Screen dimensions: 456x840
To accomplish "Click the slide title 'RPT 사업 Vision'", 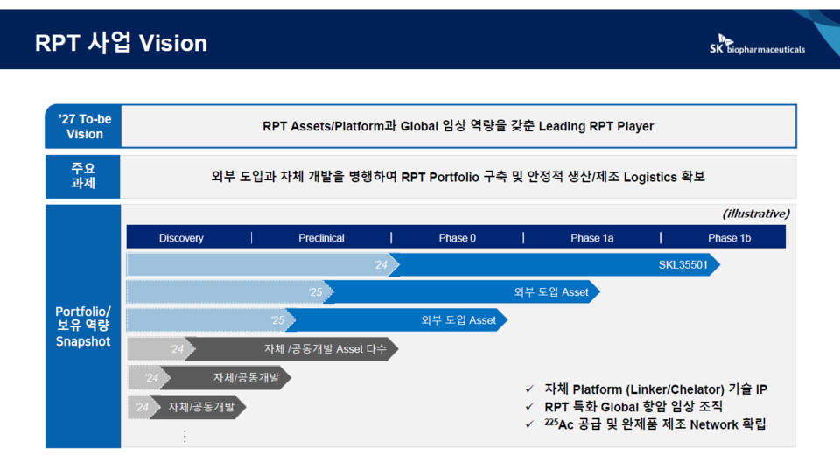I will coord(121,43).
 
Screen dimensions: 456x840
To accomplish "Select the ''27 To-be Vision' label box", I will coord(84,126).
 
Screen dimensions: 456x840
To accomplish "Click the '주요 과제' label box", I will coord(83,175).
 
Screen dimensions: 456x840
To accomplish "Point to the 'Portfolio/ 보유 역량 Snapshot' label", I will coord(83,326).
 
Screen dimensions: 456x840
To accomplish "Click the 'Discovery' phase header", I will coord(181,238).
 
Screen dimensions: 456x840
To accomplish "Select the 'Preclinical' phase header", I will coord(321,238).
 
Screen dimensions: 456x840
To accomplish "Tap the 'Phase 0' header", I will coord(457,238).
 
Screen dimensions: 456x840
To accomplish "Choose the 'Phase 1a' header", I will coord(591,238).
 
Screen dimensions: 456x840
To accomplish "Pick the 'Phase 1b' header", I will coord(723,238).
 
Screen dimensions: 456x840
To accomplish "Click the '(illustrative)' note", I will coord(756,214).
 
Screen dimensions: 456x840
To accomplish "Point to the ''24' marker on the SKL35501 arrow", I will coord(381,264).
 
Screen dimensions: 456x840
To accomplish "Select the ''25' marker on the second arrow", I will coord(315,292).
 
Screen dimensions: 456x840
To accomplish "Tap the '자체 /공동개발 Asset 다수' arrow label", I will coord(325,349).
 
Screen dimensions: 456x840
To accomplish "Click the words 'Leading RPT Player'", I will coord(596,126).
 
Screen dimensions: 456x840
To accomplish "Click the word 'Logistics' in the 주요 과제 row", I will coord(645,176).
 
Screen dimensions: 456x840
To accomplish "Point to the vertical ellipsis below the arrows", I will coord(185,436).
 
